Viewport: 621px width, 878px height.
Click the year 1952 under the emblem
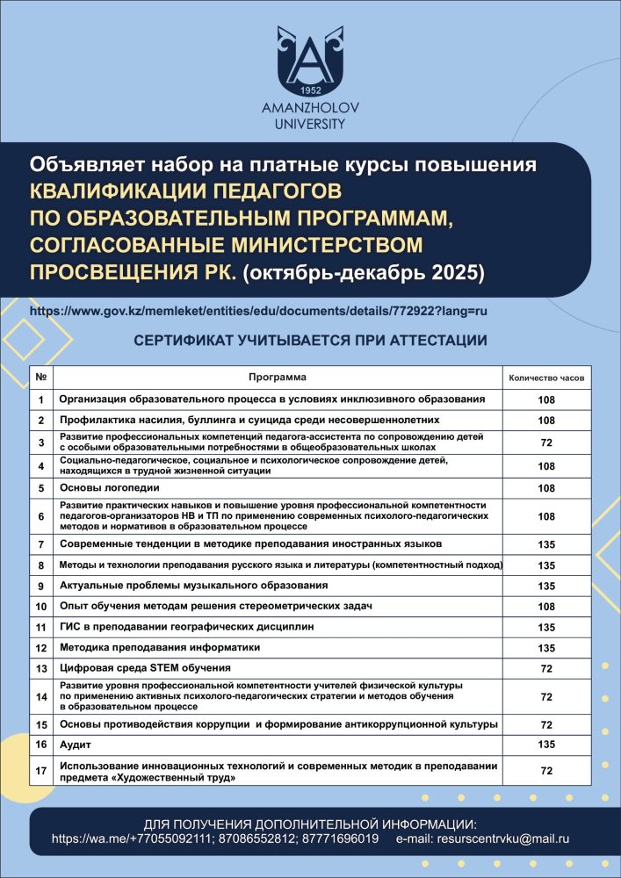(x=309, y=90)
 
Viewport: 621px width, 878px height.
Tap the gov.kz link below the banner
(x=258, y=312)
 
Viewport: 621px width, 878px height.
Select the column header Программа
(x=277, y=378)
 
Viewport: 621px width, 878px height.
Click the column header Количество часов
(x=546, y=378)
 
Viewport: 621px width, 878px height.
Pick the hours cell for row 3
(x=546, y=443)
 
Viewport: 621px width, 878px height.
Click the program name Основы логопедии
(x=110, y=487)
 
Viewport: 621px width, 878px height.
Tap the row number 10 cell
(x=41, y=606)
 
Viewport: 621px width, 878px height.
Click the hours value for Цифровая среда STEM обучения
(x=546, y=669)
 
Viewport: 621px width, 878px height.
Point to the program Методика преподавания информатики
(x=160, y=648)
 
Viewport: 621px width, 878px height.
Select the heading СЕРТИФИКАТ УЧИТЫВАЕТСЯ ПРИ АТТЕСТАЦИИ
(x=310, y=340)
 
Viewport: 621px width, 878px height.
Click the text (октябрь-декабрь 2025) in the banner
(x=363, y=271)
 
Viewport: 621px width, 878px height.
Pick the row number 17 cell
(x=41, y=771)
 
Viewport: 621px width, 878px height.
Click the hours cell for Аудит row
(x=546, y=745)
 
